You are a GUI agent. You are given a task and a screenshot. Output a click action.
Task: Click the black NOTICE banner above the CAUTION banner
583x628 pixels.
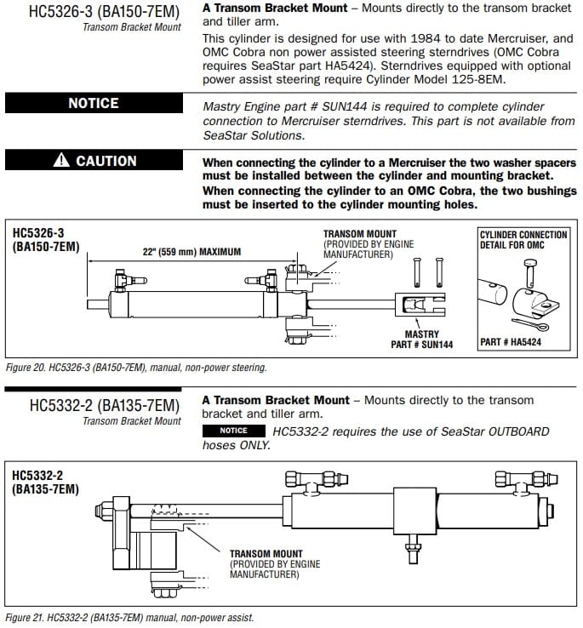point(94,103)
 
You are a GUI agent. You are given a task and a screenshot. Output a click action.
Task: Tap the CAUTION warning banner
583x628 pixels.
point(94,161)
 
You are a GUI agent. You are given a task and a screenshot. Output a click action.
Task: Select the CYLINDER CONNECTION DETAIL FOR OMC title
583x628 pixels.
point(523,240)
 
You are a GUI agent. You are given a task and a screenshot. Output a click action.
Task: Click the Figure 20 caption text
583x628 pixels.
point(136,368)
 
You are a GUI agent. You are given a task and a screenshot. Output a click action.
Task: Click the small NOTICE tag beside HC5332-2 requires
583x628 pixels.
point(233,431)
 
